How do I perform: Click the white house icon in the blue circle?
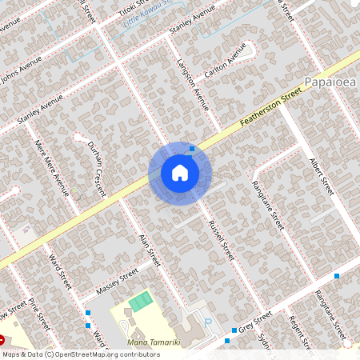tap(180, 173)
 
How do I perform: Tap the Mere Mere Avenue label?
tap(52, 169)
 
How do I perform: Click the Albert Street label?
tap(322, 176)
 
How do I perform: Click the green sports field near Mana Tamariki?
tap(140, 302)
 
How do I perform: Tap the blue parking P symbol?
tap(209, 322)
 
